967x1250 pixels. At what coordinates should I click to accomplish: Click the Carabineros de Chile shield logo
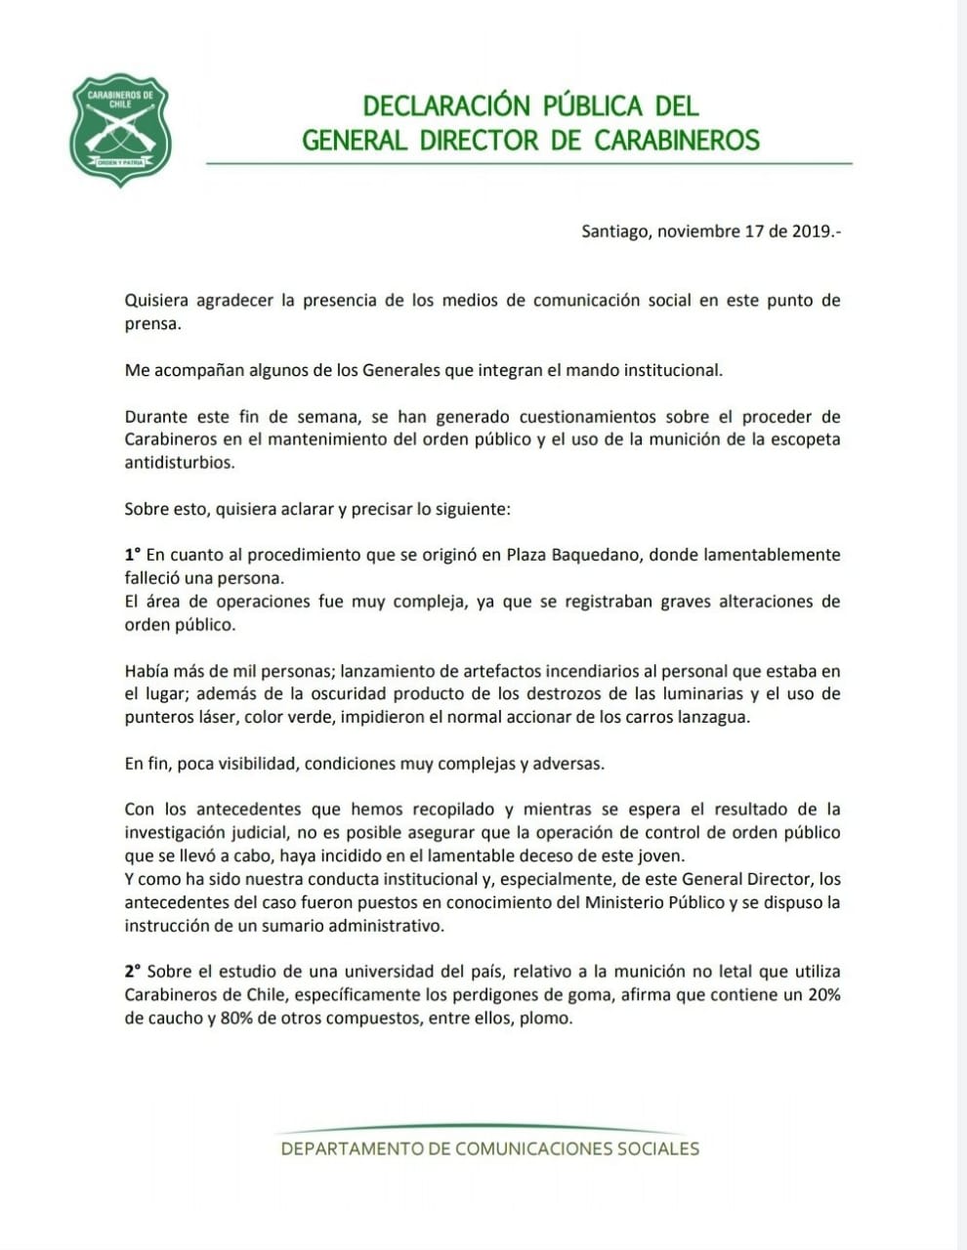(x=121, y=129)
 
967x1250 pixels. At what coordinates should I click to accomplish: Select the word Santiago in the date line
(x=614, y=231)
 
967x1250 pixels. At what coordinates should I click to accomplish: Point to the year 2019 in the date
(x=814, y=231)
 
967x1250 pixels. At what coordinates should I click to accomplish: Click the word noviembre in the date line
(x=697, y=231)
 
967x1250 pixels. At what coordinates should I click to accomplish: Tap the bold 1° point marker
(x=133, y=555)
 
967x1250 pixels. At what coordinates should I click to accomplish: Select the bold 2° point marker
(x=133, y=972)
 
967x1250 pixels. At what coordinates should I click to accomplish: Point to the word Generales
(x=401, y=370)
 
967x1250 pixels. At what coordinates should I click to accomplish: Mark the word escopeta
(x=804, y=439)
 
